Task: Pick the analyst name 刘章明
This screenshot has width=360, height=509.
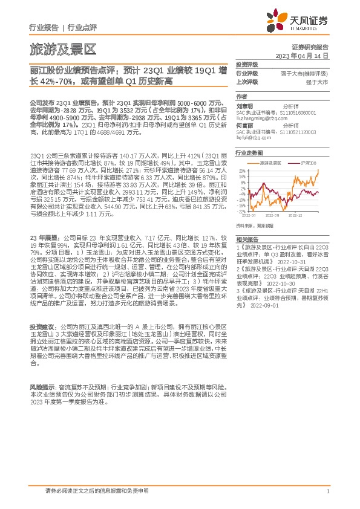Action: click(243, 105)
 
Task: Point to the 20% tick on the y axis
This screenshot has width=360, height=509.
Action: click(242, 170)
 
